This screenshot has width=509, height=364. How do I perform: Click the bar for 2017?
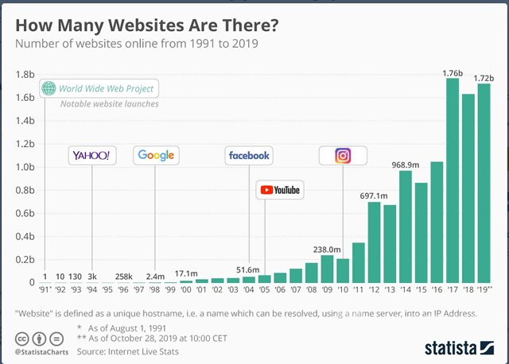coord(453,180)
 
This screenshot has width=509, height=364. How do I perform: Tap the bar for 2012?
coord(374,242)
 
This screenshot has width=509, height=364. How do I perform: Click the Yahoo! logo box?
coord(91,155)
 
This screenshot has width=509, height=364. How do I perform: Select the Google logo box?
coord(156,155)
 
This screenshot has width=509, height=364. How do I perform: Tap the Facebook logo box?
coord(249,155)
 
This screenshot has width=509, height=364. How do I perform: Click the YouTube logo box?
coord(280,190)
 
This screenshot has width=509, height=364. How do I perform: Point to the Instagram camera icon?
coord(343,155)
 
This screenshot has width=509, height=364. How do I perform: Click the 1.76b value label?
coord(452,72)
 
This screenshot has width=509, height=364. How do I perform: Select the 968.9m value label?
coord(405,165)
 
